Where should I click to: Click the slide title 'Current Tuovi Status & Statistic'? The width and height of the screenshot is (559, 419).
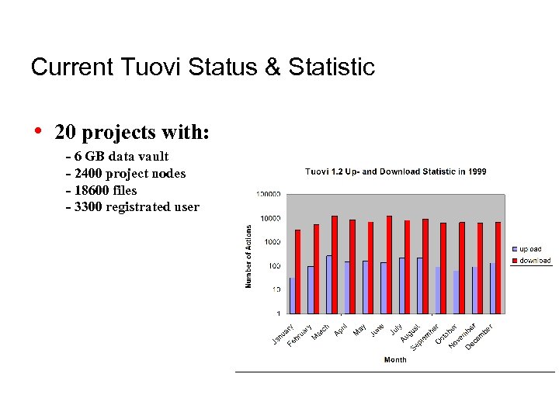(x=203, y=67)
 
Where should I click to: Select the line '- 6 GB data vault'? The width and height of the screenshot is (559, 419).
(x=118, y=156)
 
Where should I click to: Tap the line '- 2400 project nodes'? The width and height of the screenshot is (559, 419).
(x=127, y=173)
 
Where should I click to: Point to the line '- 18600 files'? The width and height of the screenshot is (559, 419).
(x=102, y=190)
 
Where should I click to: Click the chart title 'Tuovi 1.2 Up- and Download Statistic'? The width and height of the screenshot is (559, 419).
(x=395, y=171)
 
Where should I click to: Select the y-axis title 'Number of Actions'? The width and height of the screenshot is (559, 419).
(x=248, y=256)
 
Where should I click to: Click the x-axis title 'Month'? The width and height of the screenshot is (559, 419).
(x=394, y=360)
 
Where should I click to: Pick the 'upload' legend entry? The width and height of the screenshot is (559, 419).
(x=531, y=249)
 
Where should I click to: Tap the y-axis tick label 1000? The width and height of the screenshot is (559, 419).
(x=271, y=242)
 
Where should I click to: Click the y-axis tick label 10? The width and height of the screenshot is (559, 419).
(x=275, y=289)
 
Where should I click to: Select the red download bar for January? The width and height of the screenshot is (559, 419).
(x=297, y=271)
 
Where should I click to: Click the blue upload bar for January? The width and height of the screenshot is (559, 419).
(x=292, y=295)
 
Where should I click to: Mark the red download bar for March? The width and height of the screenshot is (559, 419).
(x=334, y=264)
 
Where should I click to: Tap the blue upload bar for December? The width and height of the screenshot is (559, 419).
(x=492, y=288)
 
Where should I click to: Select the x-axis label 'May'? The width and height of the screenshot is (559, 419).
(x=359, y=329)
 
